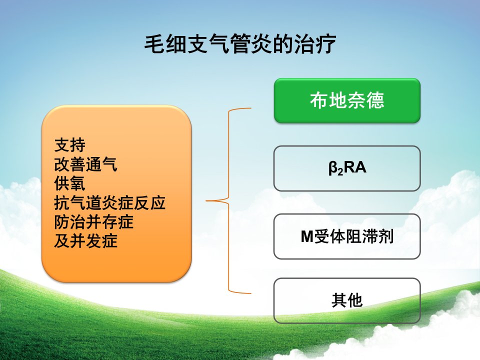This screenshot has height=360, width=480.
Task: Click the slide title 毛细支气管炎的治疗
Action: pos(240,44)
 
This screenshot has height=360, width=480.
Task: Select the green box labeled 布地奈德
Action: pos(347,100)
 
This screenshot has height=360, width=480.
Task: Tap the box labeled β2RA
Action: pos(347,168)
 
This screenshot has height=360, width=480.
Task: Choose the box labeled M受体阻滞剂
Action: pos(347,236)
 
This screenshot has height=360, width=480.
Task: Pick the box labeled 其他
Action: pos(347,300)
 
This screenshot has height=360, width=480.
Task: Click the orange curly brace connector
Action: pos(229,201)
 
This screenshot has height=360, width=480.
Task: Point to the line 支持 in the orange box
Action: pos(70,145)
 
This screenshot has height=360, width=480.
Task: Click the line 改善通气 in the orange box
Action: pos(85,164)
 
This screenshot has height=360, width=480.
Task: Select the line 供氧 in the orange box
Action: pos(70,183)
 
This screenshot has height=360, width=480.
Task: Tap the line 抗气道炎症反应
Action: pos(110,203)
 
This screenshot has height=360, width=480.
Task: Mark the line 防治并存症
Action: pos(93,222)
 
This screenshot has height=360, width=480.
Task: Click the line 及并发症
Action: pos(85,241)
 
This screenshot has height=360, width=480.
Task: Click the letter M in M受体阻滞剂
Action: pos(307,236)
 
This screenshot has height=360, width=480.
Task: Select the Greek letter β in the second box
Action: pos(333,168)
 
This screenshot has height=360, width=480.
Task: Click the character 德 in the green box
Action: pos(375,100)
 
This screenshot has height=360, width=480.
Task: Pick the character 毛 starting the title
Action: pos(154,44)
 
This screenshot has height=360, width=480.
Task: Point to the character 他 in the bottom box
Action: pos(355,300)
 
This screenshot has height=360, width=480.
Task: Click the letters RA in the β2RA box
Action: pos(355,167)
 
